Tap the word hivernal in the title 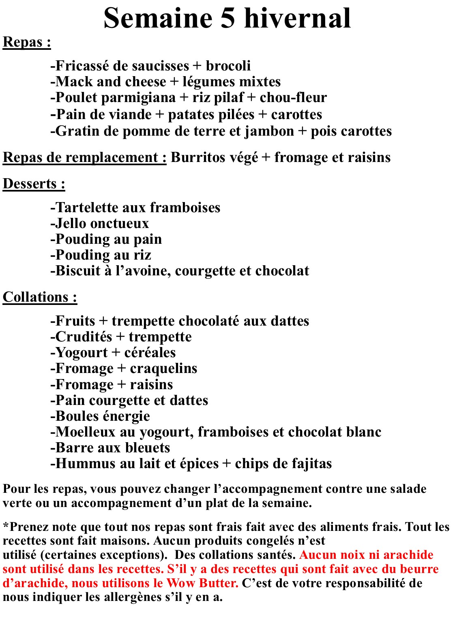tap(298, 18)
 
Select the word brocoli tap(228, 66)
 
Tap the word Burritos tap(193, 157)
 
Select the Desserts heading tap(34, 184)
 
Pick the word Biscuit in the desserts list tap(77, 271)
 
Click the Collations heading tap(40, 297)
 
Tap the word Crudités tap(84, 337)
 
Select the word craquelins tap(163, 368)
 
